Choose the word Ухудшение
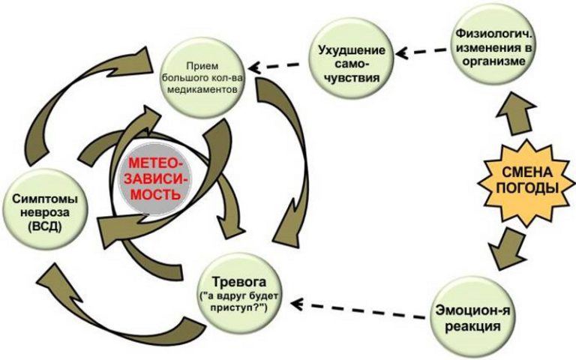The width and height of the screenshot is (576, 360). click(352, 50)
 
